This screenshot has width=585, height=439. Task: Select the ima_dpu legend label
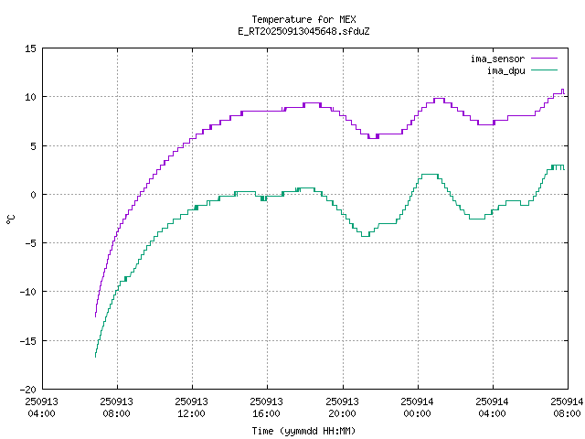coord(505,70)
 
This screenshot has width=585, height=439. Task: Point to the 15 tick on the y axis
coord(31,48)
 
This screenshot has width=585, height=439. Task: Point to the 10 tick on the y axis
coord(31,97)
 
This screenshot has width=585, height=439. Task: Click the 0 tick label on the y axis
coord(34,194)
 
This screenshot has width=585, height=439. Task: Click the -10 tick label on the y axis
coord(28,292)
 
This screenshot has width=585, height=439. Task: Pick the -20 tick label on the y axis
coord(28,389)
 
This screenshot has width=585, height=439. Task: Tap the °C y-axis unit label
coord(11,219)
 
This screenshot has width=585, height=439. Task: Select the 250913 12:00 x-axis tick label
coord(192,406)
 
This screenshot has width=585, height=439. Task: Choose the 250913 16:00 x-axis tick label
coord(267,406)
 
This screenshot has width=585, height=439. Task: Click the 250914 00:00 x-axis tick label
coord(417,406)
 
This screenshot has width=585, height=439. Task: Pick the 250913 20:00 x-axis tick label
coord(342,406)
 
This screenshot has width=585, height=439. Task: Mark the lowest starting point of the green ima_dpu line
coord(95,356)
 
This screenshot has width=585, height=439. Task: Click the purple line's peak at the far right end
coord(562,90)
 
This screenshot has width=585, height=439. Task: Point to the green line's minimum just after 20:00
coord(365,236)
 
